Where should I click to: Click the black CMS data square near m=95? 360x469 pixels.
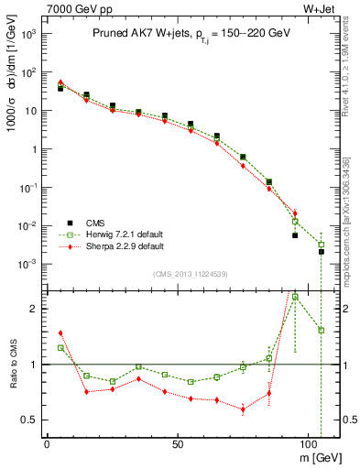(x=295, y=235)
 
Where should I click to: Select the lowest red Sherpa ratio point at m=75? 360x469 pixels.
(x=243, y=409)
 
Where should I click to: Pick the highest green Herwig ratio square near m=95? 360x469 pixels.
(x=295, y=297)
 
